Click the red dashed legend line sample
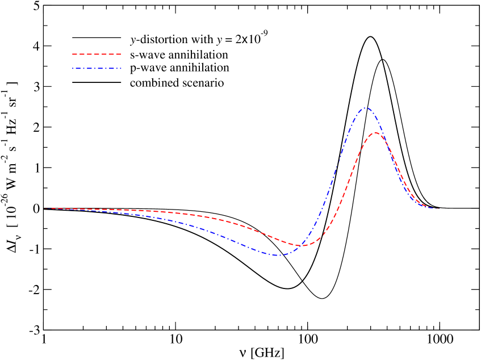point(97,55)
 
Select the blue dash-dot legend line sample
point(97,69)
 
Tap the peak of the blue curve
point(366,107)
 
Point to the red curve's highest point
point(375,132)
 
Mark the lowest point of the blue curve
point(277,256)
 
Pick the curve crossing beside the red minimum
point(299,245)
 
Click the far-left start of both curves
point(45,208)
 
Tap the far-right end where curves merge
point(439,208)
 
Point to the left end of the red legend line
point(73,55)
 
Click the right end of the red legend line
point(121,55)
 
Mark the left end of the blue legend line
point(73,69)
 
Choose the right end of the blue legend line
point(121,69)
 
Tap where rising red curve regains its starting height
point(337,208)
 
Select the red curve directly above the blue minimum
point(277,239)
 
